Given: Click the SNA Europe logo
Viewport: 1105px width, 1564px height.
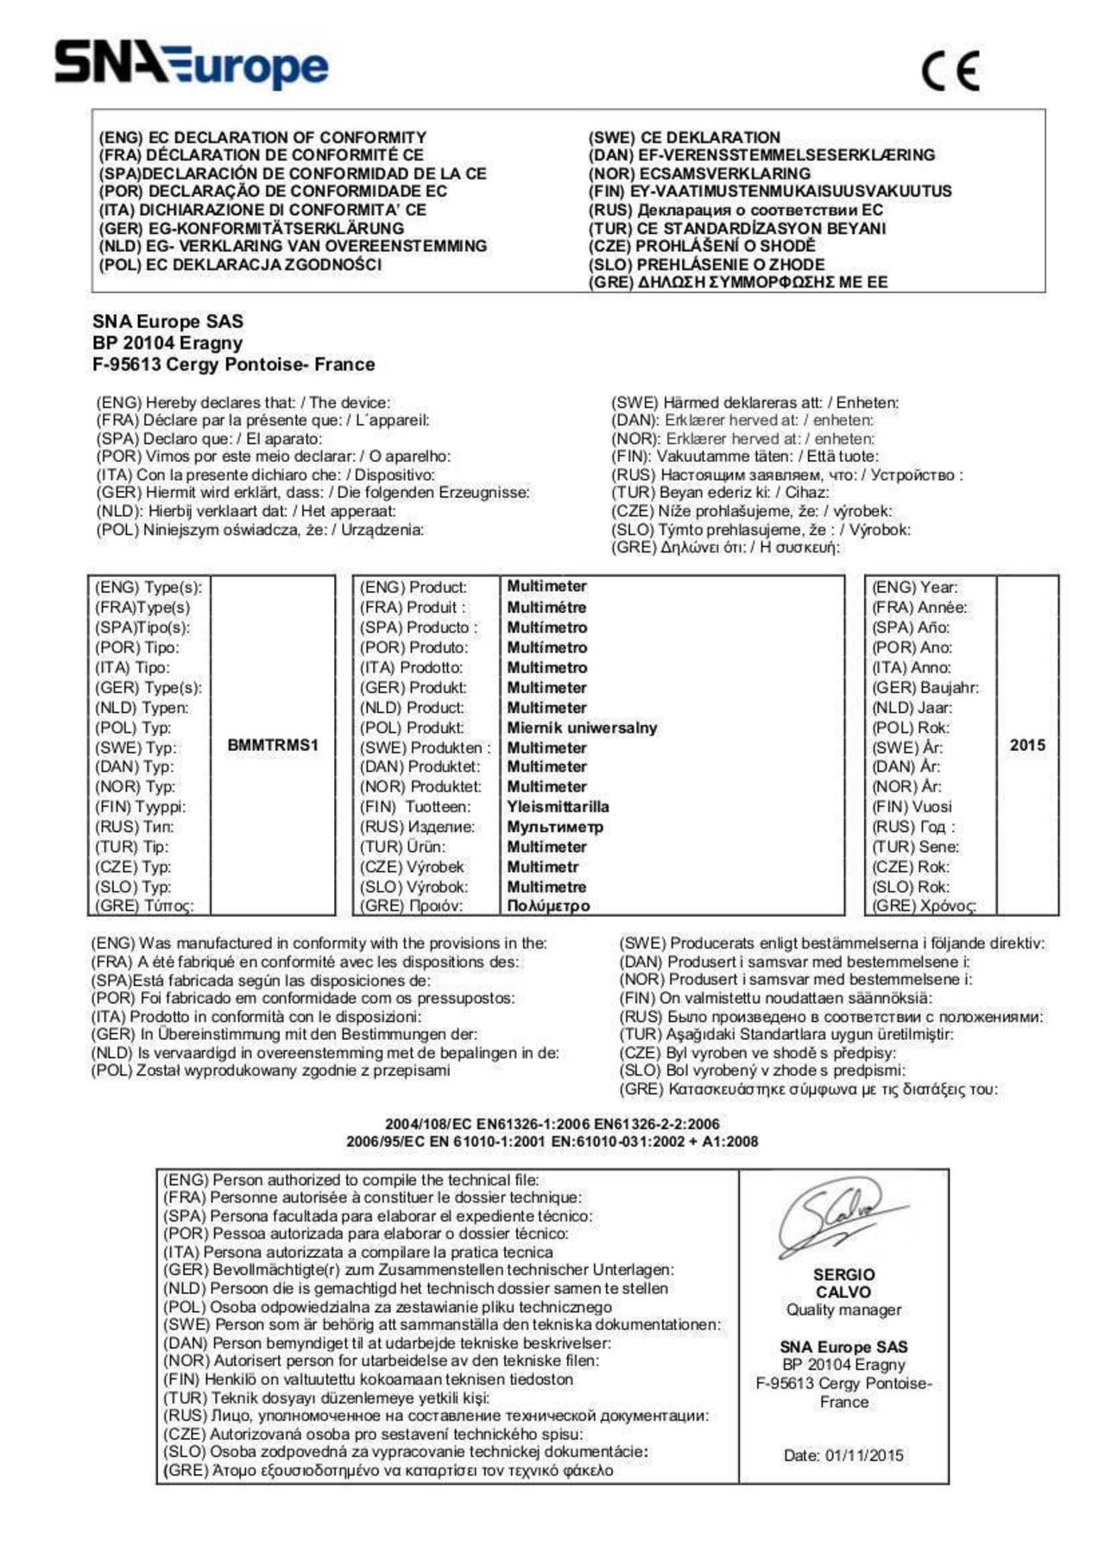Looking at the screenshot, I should [192, 66].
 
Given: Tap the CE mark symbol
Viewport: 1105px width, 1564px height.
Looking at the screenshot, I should [950, 71].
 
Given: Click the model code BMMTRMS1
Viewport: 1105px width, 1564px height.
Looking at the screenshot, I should [273, 745].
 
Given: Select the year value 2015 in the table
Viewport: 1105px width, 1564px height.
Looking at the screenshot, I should [1027, 745].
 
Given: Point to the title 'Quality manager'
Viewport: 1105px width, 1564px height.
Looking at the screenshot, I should [843, 1309].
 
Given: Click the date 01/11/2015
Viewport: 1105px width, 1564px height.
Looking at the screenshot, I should [864, 1455].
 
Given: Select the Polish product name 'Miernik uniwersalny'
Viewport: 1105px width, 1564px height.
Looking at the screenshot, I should [582, 728].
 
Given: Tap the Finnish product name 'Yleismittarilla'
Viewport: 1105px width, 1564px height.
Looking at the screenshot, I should [558, 807].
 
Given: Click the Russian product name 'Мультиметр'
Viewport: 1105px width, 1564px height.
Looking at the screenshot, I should [555, 827].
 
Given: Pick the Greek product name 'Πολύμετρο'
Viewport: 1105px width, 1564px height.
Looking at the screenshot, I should [548, 906].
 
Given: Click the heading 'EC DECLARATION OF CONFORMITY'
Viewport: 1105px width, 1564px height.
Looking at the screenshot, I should [287, 137].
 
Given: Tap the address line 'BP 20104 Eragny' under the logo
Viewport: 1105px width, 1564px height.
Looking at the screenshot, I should [167, 343].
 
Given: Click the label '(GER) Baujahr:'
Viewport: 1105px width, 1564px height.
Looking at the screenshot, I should [925, 688].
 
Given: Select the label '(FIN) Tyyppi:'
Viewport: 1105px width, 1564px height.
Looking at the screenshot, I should [140, 807].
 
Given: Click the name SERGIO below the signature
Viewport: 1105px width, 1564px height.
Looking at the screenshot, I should [843, 1274].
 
